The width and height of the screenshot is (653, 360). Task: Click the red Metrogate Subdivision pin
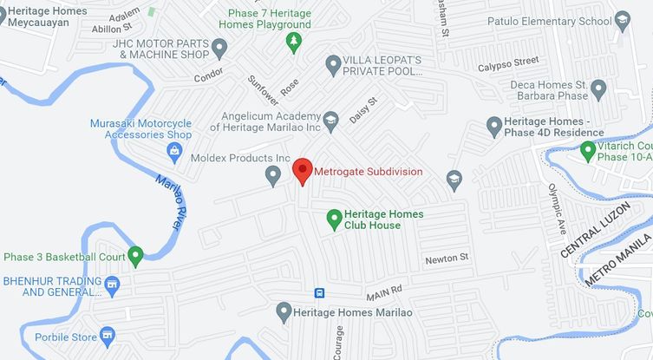302,170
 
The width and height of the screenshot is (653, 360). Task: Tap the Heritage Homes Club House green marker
332,219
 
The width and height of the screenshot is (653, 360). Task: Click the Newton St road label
447,259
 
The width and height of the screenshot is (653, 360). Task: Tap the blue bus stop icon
320,292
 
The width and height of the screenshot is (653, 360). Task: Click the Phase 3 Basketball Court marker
135,256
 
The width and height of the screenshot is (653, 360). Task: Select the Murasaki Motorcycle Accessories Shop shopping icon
174,152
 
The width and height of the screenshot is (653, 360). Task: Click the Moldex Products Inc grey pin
273,177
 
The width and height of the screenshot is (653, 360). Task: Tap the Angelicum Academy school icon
330,119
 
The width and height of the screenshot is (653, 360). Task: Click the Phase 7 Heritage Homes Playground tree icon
294,42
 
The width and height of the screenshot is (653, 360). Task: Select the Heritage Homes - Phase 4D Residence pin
494,127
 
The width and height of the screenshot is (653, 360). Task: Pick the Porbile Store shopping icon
108,334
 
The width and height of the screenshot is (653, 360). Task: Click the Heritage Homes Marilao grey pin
283,311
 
